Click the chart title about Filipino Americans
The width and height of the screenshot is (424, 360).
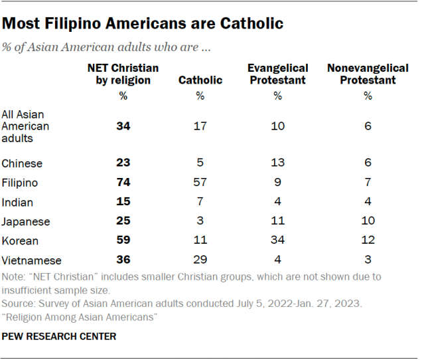[143, 24]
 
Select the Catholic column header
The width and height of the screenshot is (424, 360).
[200, 80]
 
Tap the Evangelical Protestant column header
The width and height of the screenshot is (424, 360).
[277, 74]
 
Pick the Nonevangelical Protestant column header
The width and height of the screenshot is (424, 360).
[368, 74]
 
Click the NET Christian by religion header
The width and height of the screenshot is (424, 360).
[122, 74]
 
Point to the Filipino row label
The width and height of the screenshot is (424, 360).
[20, 183]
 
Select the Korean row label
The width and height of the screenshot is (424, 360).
[20, 241]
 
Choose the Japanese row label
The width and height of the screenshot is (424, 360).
[27, 222]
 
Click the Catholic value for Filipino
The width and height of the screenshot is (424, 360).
[200, 183]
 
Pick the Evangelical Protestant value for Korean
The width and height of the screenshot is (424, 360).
[277, 241]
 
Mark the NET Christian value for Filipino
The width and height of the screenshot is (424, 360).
[122, 183]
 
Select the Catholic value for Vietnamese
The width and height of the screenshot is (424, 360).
[200, 261]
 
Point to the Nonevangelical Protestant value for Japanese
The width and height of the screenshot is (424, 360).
[368, 222]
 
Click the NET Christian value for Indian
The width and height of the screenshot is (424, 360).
[122, 202]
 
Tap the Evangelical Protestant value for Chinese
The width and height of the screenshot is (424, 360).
[277, 163]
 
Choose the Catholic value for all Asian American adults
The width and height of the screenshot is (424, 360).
[200, 126]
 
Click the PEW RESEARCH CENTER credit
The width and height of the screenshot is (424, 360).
[59, 336]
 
